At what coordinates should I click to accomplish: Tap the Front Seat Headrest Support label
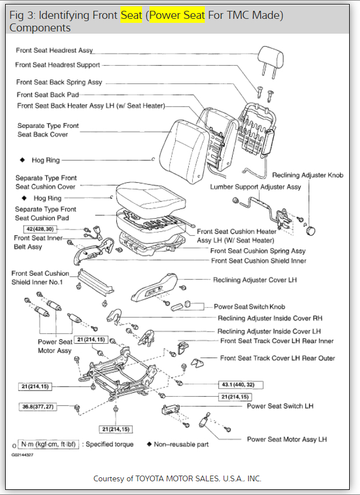pos(58,65)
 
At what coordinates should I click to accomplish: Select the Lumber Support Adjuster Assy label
pos(256,187)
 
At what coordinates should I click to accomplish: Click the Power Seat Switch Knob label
pos(249,307)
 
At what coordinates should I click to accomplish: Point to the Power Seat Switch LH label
pos(280,406)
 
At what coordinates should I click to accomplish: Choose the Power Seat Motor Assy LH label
pos(286,439)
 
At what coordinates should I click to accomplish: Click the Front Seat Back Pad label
pos(48,95)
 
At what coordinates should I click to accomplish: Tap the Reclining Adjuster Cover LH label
pos(254,280)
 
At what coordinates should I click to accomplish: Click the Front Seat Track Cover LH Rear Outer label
pos(277,358)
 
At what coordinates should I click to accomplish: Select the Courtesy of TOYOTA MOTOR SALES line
pos(177,478)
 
